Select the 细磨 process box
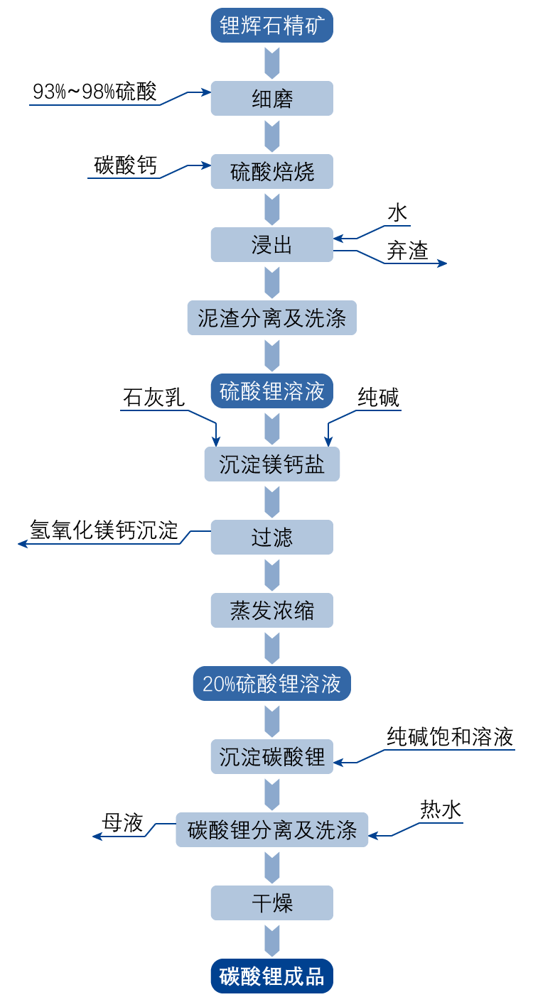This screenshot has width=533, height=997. point(272,98)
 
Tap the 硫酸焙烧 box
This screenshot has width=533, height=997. point(272,171)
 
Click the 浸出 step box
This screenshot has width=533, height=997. point(272,245)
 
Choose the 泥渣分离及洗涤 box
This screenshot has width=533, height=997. point(272,318)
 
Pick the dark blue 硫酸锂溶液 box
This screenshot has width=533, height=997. point(272,391)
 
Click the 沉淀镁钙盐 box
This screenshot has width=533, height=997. point(272,464)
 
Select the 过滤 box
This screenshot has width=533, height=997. point(272,538)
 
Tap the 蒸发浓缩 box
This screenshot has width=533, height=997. point(272,611)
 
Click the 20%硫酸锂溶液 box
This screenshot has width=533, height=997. point(272,684)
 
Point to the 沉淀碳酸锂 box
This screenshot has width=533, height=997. point(272,757)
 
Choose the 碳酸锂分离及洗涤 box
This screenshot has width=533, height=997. point(272,830)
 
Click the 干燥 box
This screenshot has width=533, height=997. point(272,903)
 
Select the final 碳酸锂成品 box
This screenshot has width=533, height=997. point(272,976)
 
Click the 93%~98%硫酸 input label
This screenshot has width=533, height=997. point(95,92)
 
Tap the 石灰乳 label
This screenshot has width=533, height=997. point(154,398)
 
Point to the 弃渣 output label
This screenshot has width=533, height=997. point(407,251)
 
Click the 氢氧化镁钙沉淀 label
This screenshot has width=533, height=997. point(104,530)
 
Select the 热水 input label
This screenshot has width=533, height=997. point(441,810)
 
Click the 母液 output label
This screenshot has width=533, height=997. point(123,823)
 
